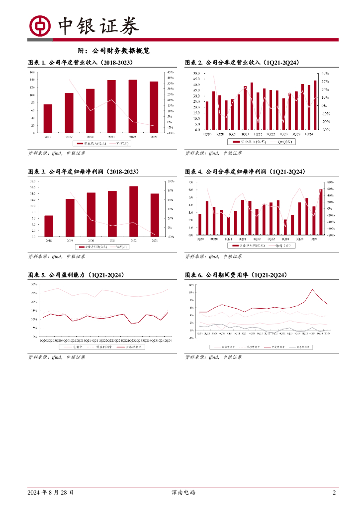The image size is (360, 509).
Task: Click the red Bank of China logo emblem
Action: pyautogui.click(x=40, y=26)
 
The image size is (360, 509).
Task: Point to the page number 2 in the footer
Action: pyautogui.click(x=334, y=493)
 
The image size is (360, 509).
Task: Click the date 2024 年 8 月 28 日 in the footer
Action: pyautogui.click(x=51, y=493)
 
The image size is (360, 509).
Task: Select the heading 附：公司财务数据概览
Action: pyautogui.click(x=114, y=51)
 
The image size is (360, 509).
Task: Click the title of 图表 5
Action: pyautogui.click(x=76, y=275)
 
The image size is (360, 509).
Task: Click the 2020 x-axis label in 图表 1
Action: pyautogui.click(x=90, y=136)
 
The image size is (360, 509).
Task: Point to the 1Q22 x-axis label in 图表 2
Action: pyautogui.click(x=257, y=134)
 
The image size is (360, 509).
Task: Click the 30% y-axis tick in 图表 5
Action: pyautogui.click(x=34, y=284)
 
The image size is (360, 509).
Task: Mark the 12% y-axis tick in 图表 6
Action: pyautogui.click(x=191, y=285)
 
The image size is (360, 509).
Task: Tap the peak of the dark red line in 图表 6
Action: pyautogui.click(x=313, y=289)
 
